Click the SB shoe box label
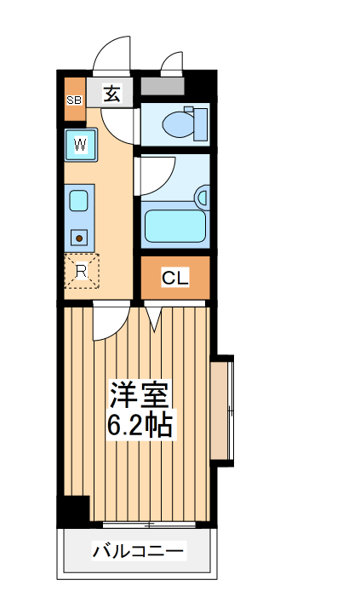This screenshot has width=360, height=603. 73,100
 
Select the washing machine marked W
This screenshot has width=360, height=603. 80,145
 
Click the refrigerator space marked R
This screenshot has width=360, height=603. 82,272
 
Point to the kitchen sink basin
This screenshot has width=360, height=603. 79,202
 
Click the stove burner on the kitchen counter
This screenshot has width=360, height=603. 80,238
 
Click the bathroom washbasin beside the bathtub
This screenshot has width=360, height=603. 202,198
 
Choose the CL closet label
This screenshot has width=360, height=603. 174,278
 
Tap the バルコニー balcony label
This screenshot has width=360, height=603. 138,553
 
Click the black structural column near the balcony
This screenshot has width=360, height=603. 75,510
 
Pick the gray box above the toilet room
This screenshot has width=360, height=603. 162,87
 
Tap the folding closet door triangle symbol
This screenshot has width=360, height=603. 153,318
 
